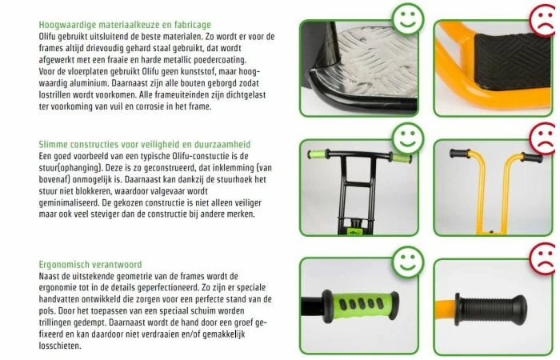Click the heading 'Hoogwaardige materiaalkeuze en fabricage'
click(x=125, y=26)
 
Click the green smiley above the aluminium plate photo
click(x=409, y=17)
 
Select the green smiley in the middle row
click(x=408, y=136)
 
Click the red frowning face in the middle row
click(x=542, y=137)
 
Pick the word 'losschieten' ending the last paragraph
click(x=60, y=348)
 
